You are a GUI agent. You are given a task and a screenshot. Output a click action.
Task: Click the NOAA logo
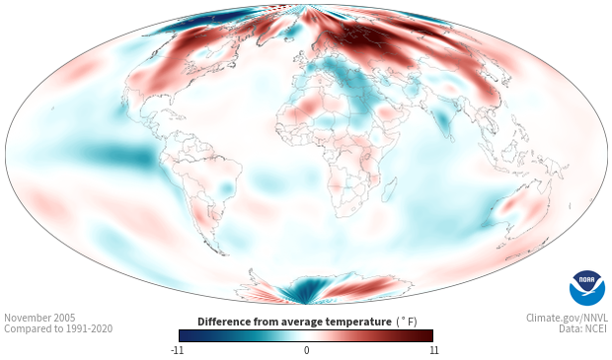[x=587, y=288]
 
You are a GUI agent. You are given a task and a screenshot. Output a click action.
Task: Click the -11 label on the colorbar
[x=177, y=350]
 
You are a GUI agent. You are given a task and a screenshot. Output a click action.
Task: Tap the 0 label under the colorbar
[x=306, y=350]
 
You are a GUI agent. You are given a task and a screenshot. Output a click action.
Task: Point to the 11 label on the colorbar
[x=433, y=350]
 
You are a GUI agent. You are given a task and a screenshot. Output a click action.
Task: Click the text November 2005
[x=39, y=318]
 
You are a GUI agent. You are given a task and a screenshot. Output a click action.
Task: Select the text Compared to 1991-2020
[x=58, y=328]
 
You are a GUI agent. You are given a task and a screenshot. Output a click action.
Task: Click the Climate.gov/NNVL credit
[x=567, y=318]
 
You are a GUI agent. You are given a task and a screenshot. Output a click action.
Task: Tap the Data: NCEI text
[x=583, y=328]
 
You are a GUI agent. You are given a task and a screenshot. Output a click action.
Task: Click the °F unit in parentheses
[x=407, y=322]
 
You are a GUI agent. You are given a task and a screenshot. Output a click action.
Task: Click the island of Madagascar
[x=389, y=189]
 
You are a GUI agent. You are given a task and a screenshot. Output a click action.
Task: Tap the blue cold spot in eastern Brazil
[x=226, y=188]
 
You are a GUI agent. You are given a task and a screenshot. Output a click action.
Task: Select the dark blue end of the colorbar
[x=186, y=335]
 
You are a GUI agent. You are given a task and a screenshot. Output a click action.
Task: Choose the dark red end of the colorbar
[x=426, y=335]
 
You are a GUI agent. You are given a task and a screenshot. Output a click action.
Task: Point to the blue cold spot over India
[x=443, y=118]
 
